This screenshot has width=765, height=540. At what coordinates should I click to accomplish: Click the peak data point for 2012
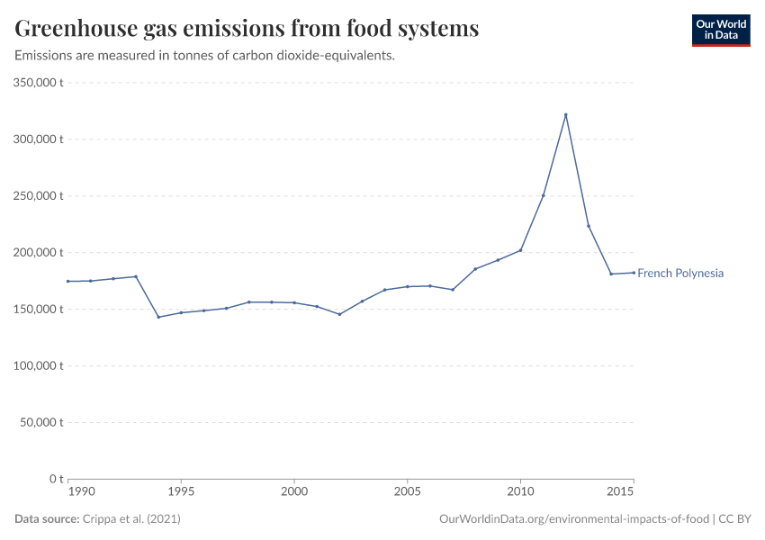pos(565,114)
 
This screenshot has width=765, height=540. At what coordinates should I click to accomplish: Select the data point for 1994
pos(158,317)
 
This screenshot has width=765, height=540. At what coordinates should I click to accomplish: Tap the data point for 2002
pos(339,314)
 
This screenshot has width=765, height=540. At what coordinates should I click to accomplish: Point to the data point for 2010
pos(520,250)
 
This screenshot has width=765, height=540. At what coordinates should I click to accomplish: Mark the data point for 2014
pos(611,274)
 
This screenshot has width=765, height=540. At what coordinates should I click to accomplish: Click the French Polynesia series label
pos(679,274)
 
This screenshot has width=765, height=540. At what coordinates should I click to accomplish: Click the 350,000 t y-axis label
pos(38,83)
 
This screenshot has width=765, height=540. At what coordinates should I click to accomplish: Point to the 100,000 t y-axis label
pos(38,366)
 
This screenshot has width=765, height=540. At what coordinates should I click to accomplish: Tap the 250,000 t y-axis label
pos(38,196)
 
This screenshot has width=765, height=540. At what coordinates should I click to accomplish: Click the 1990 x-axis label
pos(81,491)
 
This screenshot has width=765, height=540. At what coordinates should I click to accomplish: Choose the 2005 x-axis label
pos(407,491)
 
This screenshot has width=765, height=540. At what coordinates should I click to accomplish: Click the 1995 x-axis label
pos(181,491)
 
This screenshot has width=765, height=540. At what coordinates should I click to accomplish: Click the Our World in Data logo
pos(720,30)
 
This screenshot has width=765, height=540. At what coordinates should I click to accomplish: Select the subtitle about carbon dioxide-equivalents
pos(205,56)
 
